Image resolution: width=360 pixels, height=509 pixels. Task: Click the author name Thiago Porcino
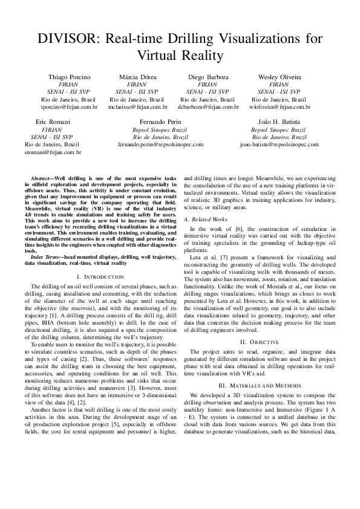click(x=69, y=77)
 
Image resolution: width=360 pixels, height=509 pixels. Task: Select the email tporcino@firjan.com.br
click(x=69, y=106)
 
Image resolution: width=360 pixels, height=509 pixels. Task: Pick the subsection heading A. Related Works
click(x=205, y=219)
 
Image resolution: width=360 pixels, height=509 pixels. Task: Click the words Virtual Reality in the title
click(x=180, y=56)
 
